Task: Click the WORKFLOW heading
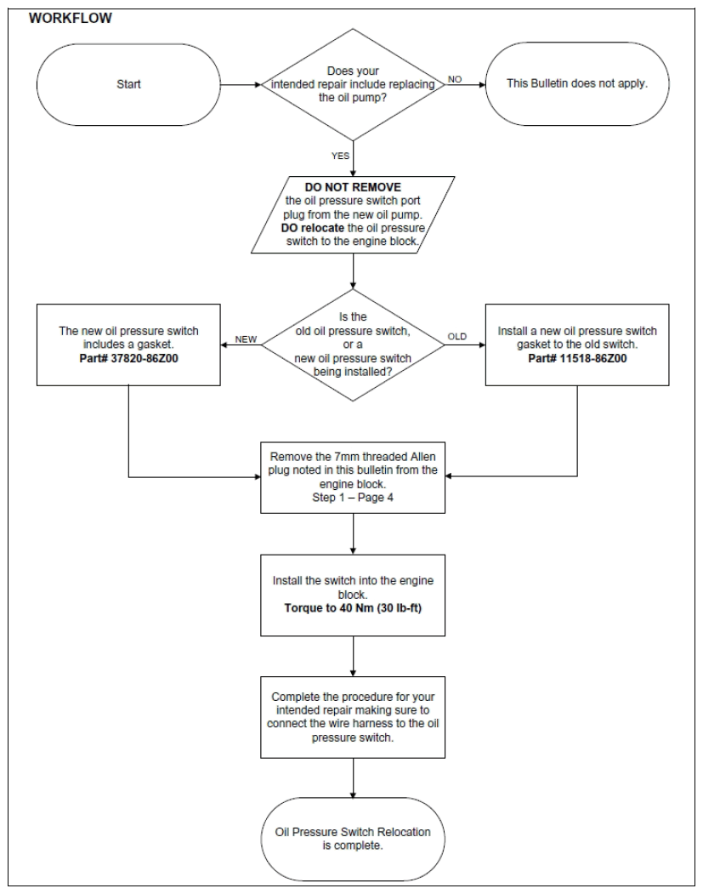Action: [70, 18]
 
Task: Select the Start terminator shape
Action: [128, 84]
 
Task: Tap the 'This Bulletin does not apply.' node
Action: [577, 84]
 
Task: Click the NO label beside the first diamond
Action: [455, 79]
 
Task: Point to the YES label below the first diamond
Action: [341, 156]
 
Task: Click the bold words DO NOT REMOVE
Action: [353, 187]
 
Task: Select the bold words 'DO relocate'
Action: [312, 228]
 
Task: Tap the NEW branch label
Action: [247, 339]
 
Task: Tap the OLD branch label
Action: [456, 336]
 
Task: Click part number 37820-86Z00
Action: [128, 359]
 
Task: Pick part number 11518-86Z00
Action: [577, 359]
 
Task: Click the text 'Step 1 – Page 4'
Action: [353, 497]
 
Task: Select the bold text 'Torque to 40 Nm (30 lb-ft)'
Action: [353, 608]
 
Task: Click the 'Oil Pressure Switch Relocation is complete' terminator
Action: [353, 840]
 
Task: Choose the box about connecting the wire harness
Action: [353, 717]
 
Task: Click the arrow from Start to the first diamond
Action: [241, 84]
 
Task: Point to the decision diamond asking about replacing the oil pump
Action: [353, 84]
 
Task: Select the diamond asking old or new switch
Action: [353, 345]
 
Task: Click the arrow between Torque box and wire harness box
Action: [354, 656]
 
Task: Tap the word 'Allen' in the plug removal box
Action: [422, 457]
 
